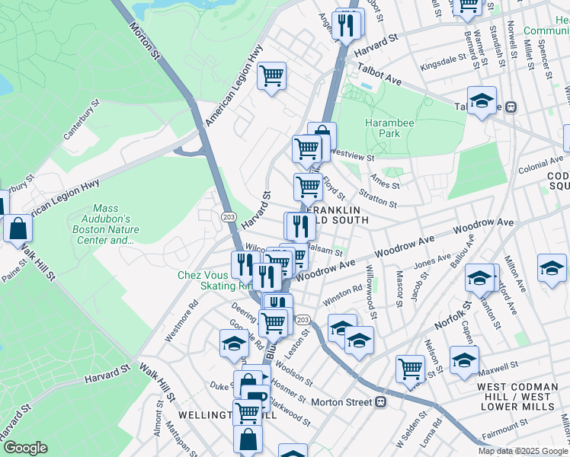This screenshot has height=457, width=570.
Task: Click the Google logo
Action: tap(25, 448)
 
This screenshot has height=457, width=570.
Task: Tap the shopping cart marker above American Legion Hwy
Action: tap(271, 76)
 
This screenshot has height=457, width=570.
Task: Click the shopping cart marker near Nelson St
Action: tap(411, 369)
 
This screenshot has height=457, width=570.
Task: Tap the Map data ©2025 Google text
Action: tap(524, 451)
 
